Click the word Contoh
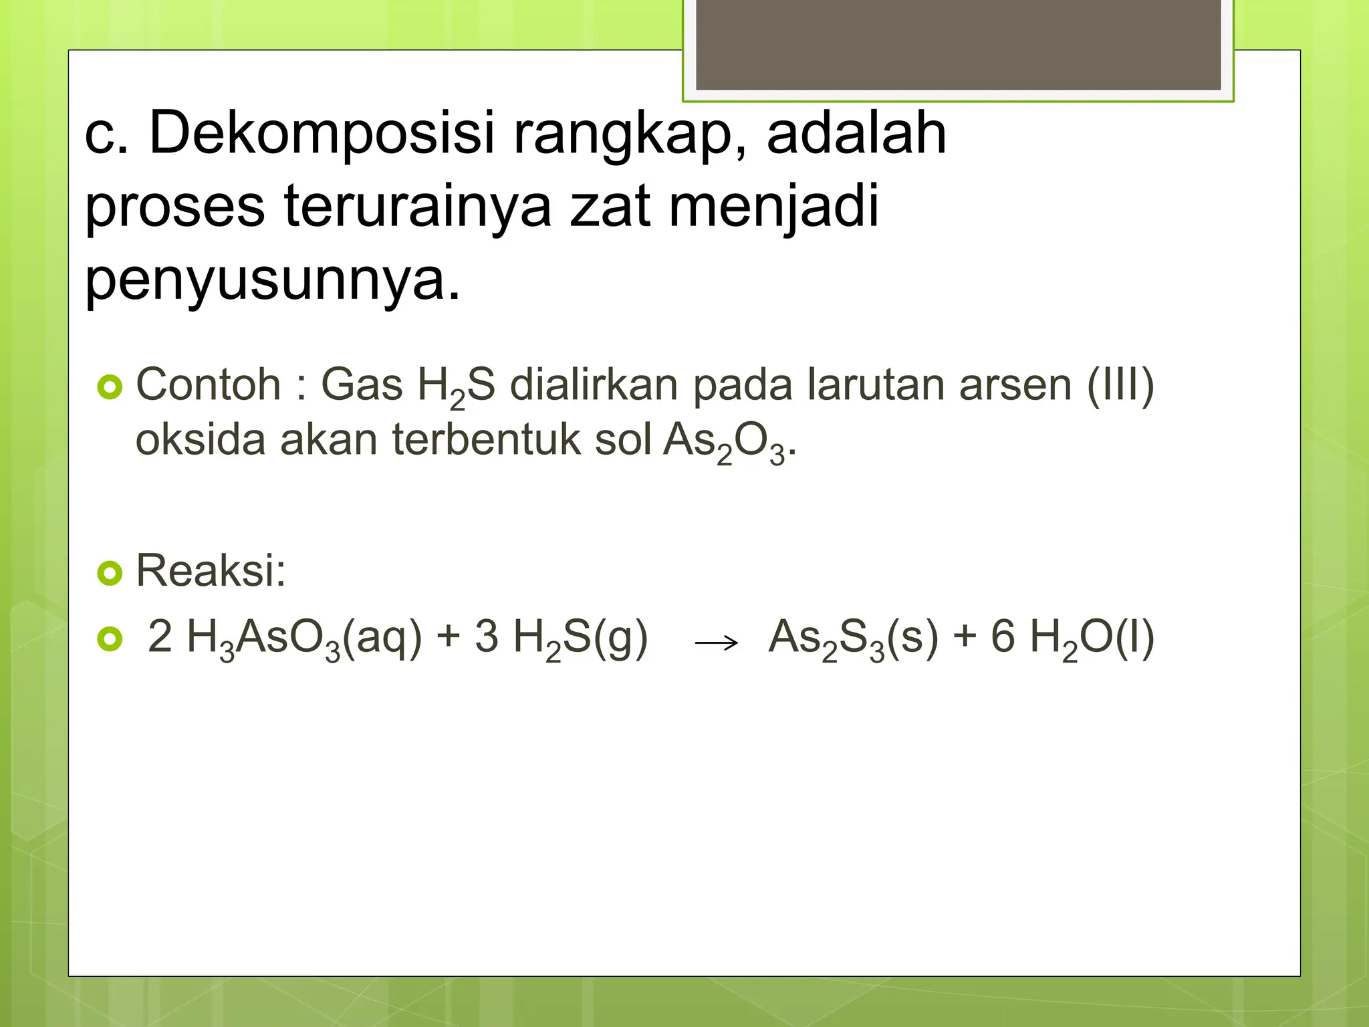click(x=208, y=385)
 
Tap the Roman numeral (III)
click(x=1120, y=385)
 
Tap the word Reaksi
click(x=211, y=571)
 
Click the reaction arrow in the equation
click(x=717, y=643)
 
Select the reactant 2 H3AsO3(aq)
click(x=285, y=638)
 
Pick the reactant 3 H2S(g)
click(x=561, y=638)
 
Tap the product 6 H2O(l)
click(x=1072, y=638)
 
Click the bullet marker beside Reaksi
click(x=110, y=573)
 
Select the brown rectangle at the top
click(x=958, y=44)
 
